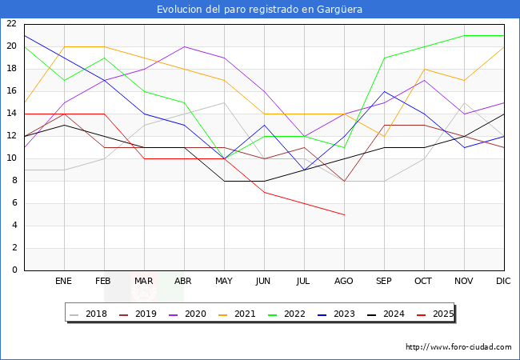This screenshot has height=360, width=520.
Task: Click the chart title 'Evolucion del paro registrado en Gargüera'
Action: [260, 10]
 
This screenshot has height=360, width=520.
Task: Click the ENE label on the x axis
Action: [64, 282]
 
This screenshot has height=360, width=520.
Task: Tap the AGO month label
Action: [344, 282]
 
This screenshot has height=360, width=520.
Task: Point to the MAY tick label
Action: [224, 282]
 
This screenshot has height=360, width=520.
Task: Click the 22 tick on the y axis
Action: [11, 24]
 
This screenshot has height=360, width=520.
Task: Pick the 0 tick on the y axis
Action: [14, 270]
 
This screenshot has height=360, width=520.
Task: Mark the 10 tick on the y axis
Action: [11, 158]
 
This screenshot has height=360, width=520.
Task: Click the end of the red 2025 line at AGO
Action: [344, 214]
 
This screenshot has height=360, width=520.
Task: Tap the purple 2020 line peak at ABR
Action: [184, 46]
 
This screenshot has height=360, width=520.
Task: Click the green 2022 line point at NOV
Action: [464, 35]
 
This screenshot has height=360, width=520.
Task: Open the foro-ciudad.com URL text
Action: [458, 347]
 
